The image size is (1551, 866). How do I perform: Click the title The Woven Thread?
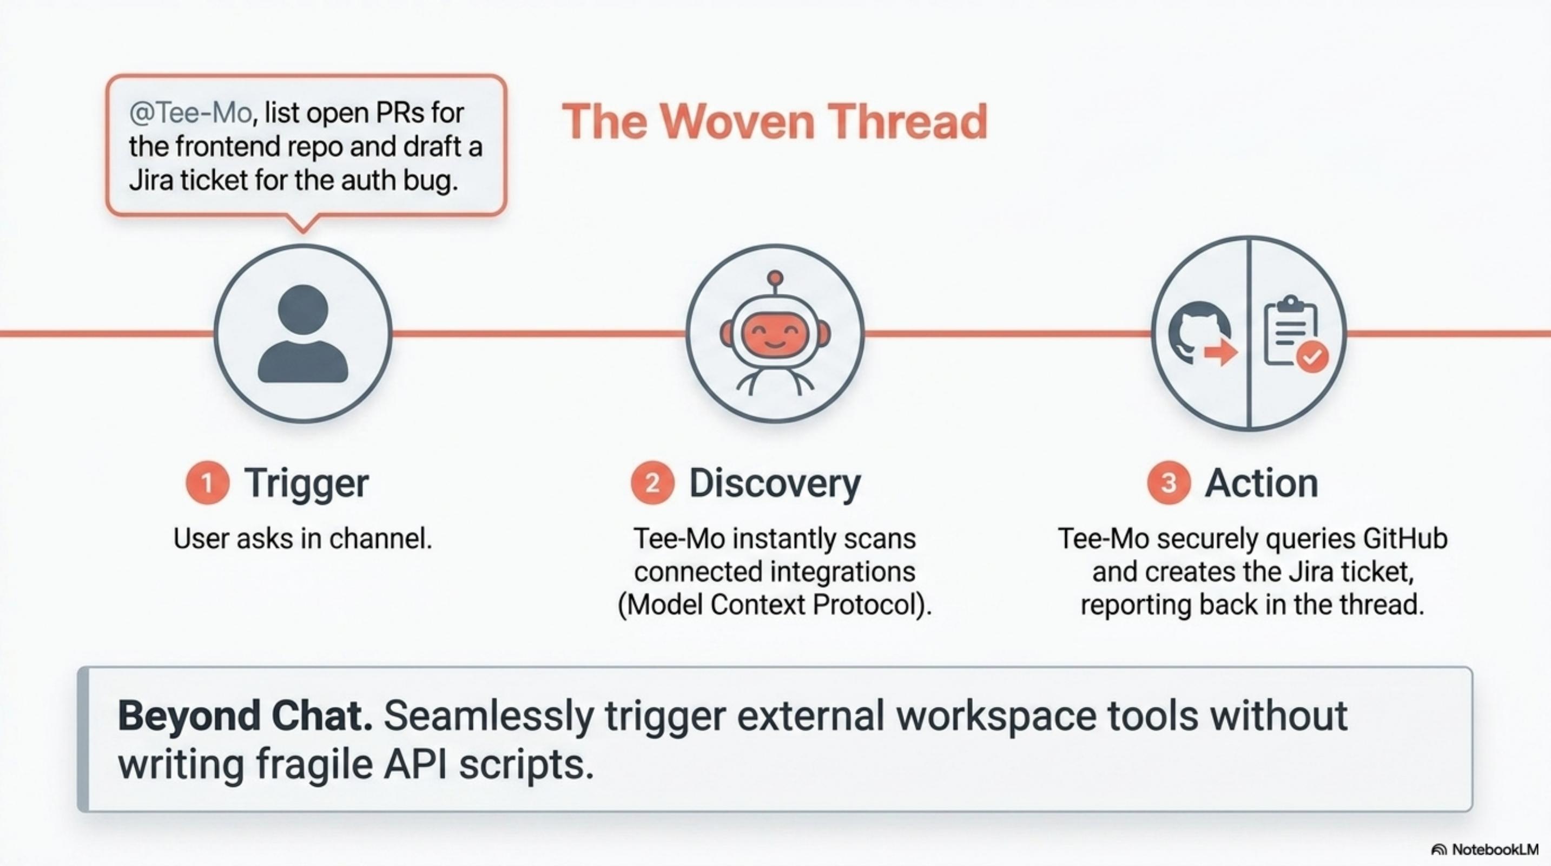click(x=775, y=122)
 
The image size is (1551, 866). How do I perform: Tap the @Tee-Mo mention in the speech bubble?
click(x=190, y=113)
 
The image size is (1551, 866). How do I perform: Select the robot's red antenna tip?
click(x=776, y=278)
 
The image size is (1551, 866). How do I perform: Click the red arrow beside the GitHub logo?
click(x=1220, y=353)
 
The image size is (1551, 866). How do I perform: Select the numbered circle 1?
click(x=207, y=483)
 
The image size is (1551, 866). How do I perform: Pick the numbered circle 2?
click(x=651, y=483)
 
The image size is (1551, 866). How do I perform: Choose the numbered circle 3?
click(x=1168, y=483)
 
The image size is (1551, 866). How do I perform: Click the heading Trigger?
click(x=306, y=483)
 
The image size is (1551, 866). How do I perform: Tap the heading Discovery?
click(x=775, y=483)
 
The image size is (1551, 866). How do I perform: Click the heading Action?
click(x=1262, y=483)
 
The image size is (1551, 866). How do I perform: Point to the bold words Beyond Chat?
click(x=245, y=716)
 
